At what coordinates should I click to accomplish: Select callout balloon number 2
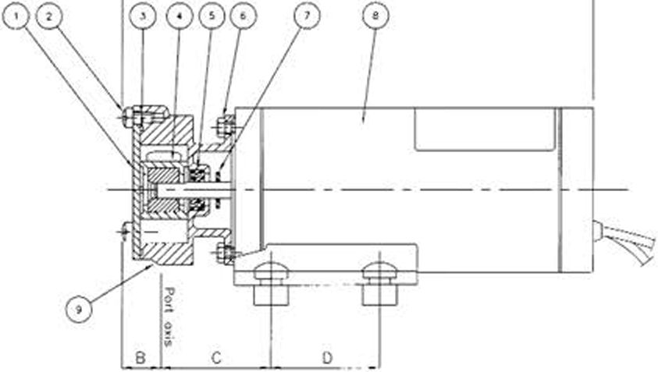[49, 16]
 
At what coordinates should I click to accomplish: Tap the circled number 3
[143, 16]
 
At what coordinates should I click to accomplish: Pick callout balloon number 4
[180, 16]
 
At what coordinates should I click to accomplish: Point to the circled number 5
[212, 16]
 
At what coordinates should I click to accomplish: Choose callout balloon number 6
[243, 16]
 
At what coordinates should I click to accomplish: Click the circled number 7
[307, 16]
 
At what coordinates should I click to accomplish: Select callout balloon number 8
[375, 16]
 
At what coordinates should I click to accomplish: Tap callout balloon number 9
[79, 310]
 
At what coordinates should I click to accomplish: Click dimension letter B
[140, 358]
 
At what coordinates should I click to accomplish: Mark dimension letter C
[215, 358]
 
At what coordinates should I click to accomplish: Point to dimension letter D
[327, 358]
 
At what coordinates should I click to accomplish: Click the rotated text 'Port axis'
[169, 317]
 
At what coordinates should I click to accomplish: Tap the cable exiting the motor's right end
[625, 240]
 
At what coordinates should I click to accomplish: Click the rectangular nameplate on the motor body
[485, 129]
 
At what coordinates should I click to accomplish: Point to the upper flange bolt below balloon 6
[226, 125]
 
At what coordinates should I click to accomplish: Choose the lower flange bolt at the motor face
[226, 253]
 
